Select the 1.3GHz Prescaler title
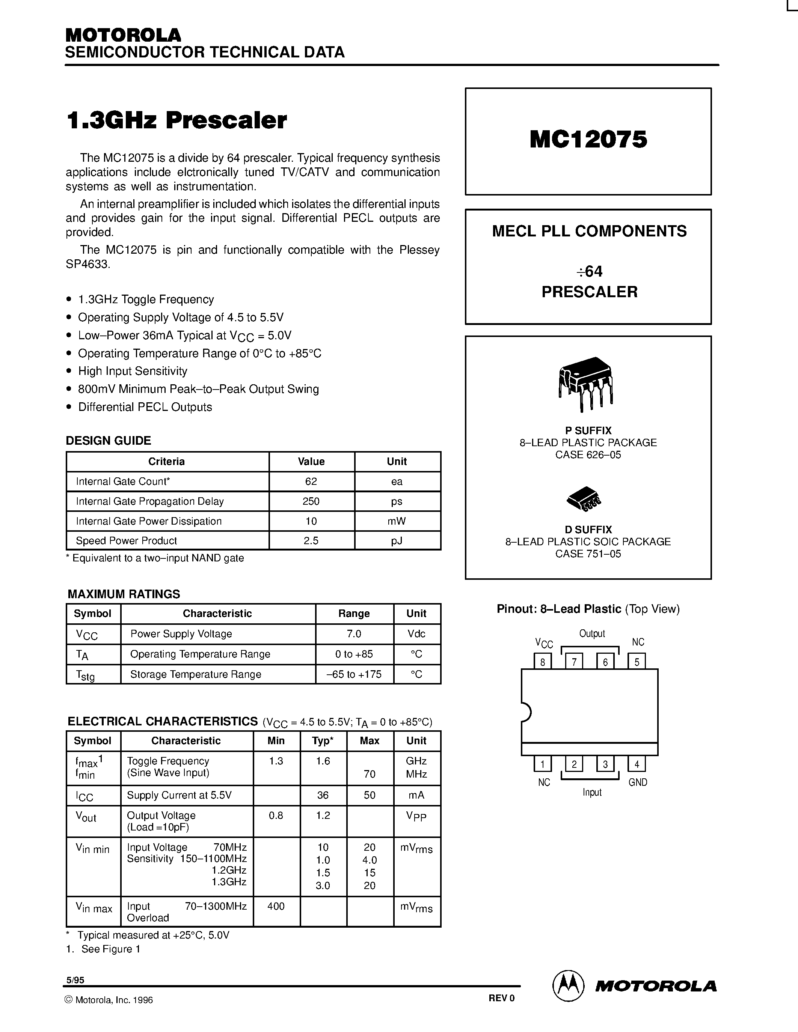[176, 120]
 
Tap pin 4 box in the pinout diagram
[636, 764]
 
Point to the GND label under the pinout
[637, 782]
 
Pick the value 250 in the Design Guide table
[311, 501]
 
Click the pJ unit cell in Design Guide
[397, 540]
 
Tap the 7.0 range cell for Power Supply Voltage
[354, 634]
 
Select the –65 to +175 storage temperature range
[354, 674]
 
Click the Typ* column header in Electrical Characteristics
[323, 741]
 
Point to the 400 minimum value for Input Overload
[276, 906]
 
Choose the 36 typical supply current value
[323, 795]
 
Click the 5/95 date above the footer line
[75, 980]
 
